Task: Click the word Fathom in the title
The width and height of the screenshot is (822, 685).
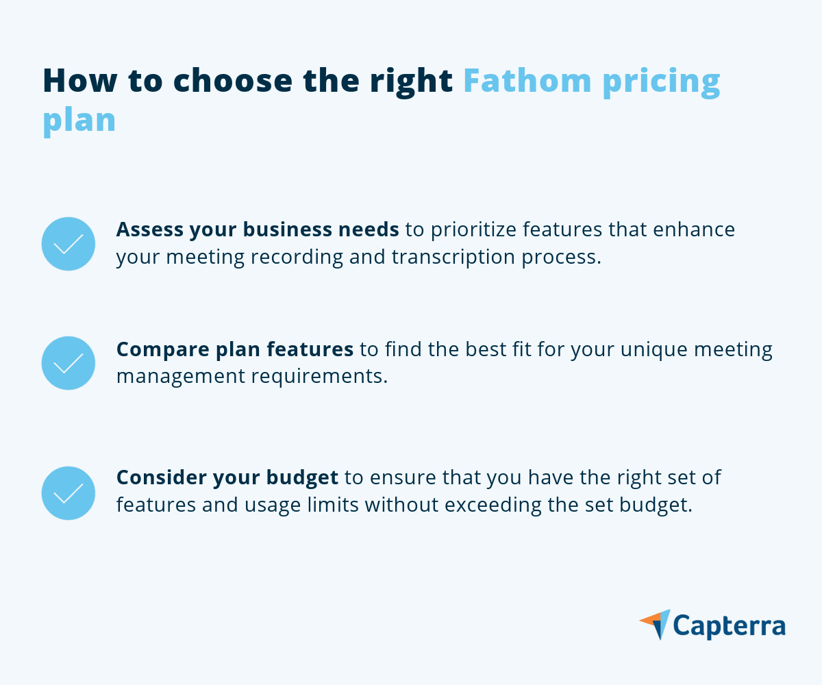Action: [526, 81]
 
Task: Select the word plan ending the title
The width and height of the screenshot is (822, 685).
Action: [79, 121]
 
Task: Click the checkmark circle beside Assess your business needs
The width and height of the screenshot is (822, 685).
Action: [68, 244]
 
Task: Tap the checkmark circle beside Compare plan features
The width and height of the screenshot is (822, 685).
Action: [68, 363]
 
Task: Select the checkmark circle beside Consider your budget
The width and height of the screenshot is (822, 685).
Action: [68, 493]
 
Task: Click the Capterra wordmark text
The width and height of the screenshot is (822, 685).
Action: [729, 625]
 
